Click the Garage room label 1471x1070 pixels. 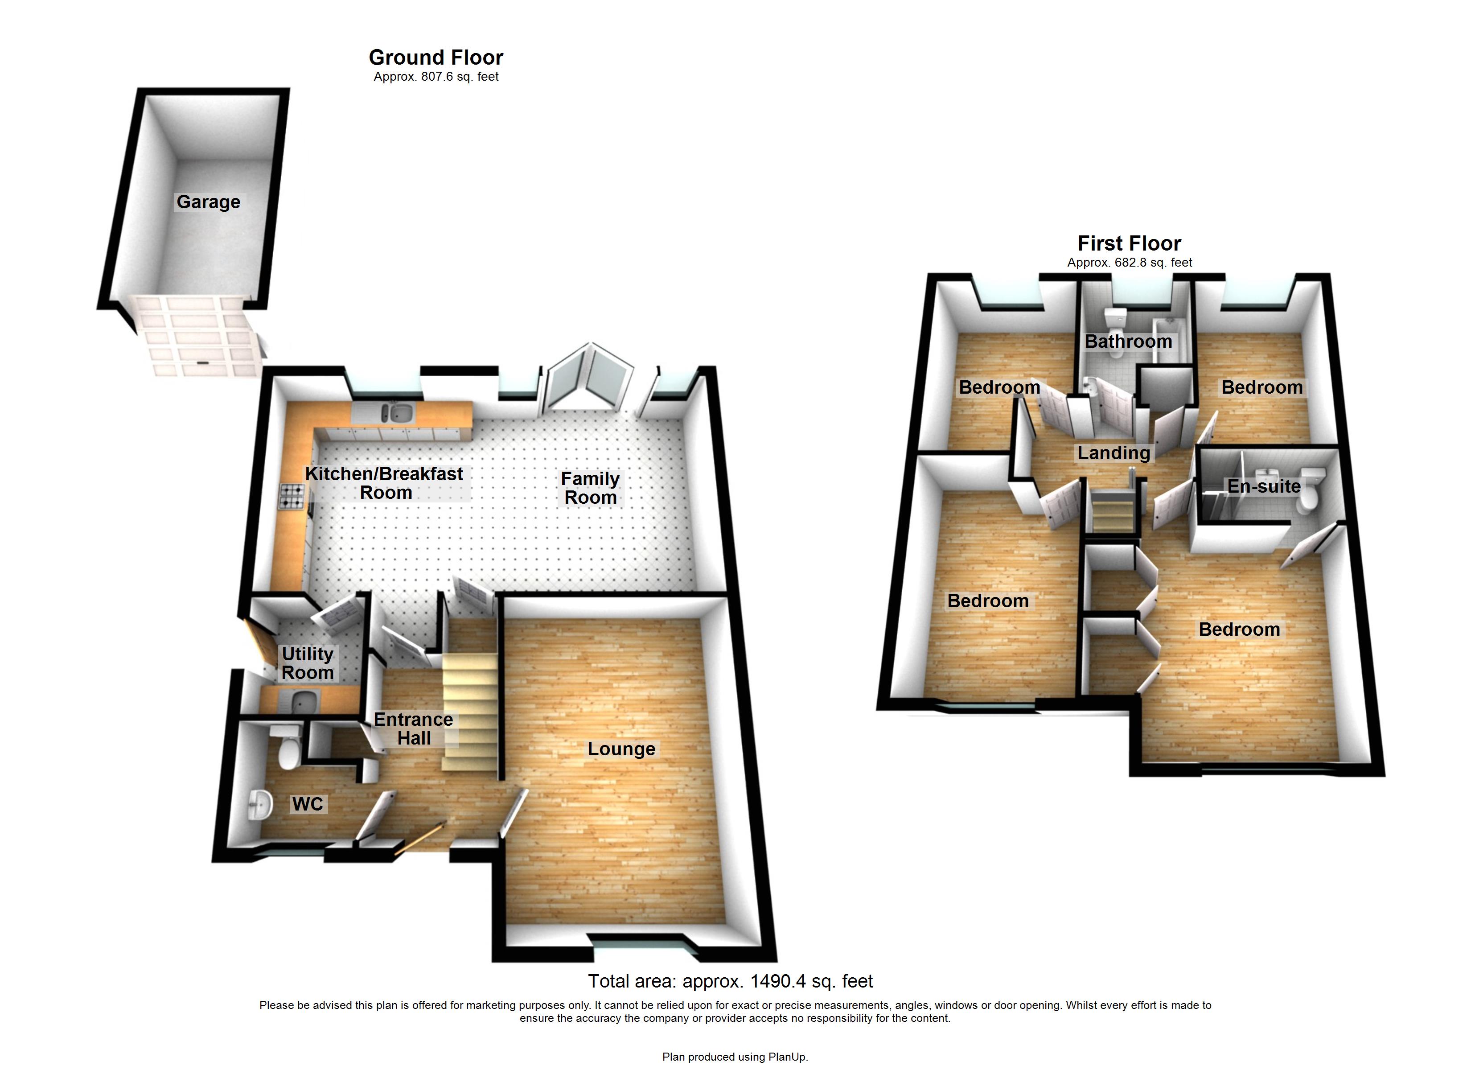point(208,202)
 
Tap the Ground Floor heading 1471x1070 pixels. point(436,58)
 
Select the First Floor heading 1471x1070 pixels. point(1129,243)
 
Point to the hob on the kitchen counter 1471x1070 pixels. point(292,496)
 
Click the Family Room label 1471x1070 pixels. point(590,488)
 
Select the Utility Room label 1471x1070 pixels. point(308,663)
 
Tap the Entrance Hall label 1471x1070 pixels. point(414,728)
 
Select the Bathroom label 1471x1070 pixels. point(1129,342)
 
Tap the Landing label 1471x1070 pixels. point(1114,453)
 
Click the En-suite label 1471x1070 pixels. point(1263,487)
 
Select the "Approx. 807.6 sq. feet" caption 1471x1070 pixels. point(436,77)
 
